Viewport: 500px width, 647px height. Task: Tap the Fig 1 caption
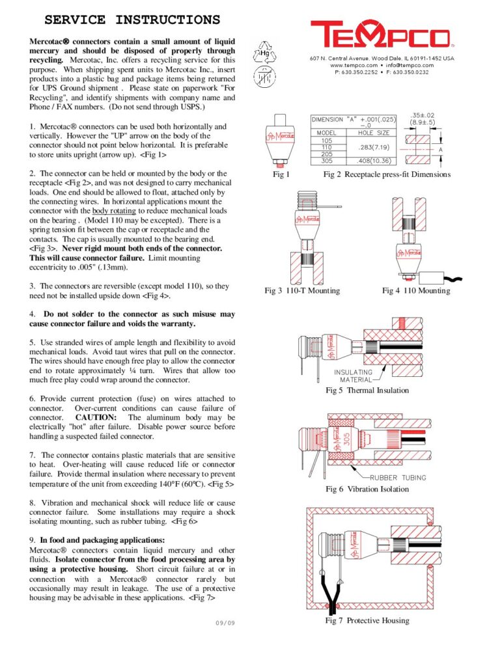(281, 174)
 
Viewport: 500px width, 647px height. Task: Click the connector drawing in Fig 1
(280, 139)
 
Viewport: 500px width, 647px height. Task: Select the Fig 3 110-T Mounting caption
(301, 290)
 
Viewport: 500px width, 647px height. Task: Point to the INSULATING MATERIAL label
(353, 376)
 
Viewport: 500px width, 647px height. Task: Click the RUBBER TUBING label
(398, 478)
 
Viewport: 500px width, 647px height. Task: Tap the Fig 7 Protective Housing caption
(367, 620)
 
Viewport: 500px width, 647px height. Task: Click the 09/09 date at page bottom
(225, 623)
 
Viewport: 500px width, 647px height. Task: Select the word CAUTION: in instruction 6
(96, 417)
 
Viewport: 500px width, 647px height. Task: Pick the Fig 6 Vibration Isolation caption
(367, 489)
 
